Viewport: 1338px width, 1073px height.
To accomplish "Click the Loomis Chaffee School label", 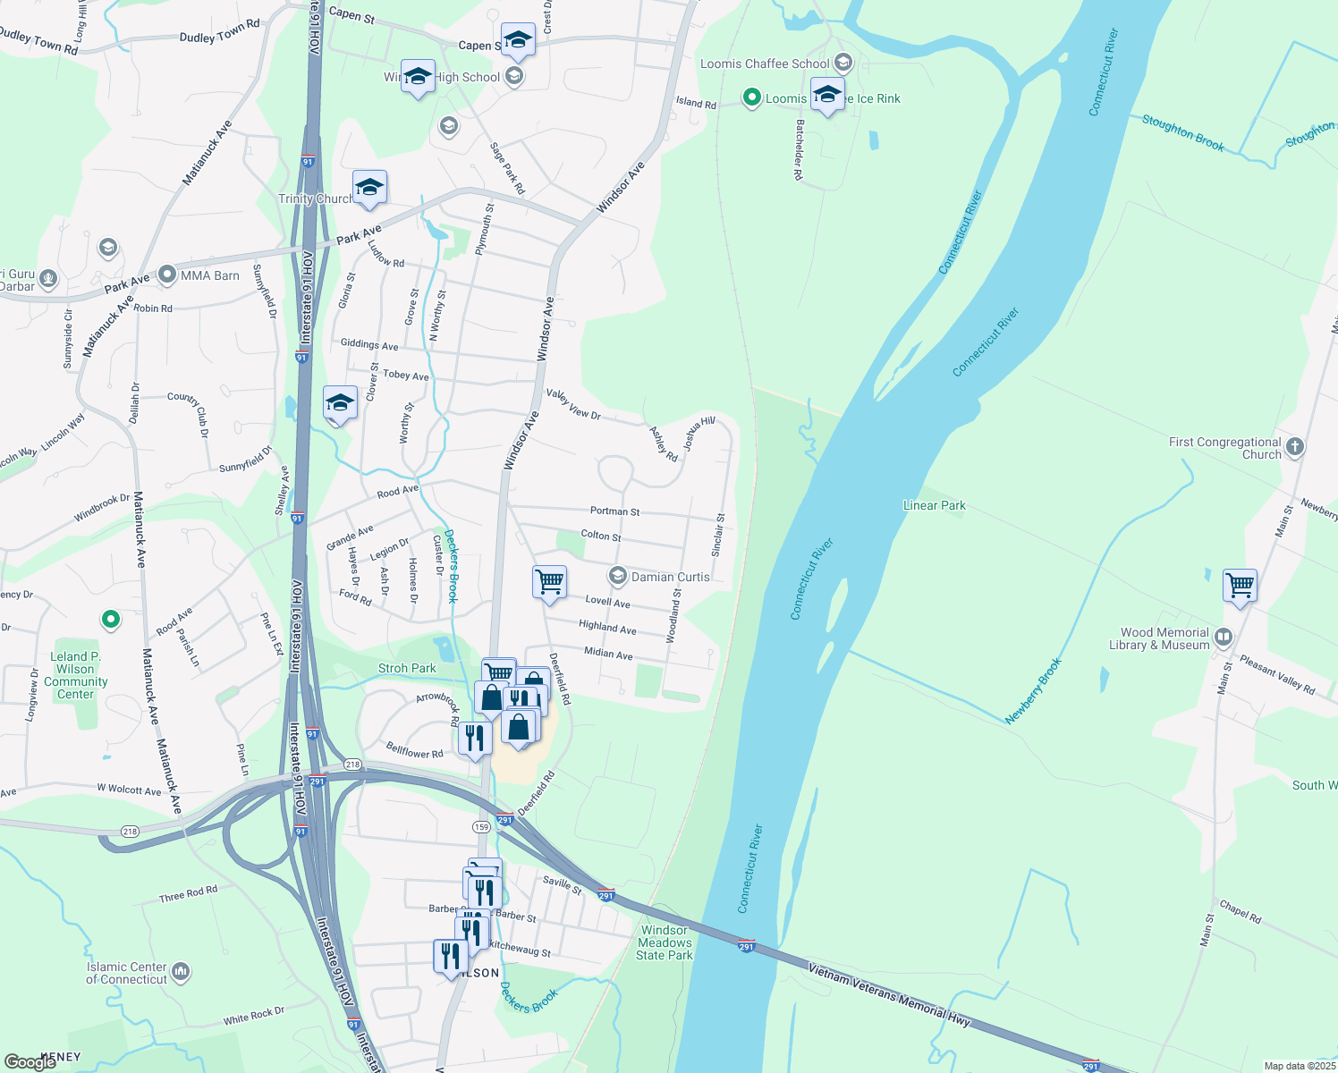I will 765,63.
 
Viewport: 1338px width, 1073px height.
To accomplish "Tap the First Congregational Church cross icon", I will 1295,446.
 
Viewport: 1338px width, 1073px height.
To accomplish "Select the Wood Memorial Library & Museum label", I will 1164,638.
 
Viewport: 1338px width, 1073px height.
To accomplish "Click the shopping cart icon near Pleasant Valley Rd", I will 1241,586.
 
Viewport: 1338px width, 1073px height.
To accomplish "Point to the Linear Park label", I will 934,505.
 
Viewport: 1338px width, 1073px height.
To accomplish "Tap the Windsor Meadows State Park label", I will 665,942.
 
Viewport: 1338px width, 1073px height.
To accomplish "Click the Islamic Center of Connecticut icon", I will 181,971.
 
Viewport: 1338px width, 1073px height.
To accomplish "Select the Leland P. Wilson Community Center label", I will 76,675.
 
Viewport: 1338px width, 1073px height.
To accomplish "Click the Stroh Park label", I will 407,668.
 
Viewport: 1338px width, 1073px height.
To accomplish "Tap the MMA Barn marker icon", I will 167,275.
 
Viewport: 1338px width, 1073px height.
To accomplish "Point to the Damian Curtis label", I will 670,577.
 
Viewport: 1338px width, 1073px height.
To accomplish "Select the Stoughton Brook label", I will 1182,132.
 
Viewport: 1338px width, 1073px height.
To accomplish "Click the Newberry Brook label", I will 1033,690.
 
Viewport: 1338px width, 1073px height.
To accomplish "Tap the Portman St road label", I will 614,511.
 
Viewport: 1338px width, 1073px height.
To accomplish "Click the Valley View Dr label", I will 573,404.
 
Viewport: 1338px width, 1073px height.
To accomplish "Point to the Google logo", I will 30,1061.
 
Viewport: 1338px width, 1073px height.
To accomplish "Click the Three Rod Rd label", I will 188,894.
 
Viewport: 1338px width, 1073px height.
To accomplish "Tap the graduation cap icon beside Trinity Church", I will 369,188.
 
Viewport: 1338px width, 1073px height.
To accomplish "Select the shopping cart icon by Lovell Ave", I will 549,581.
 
